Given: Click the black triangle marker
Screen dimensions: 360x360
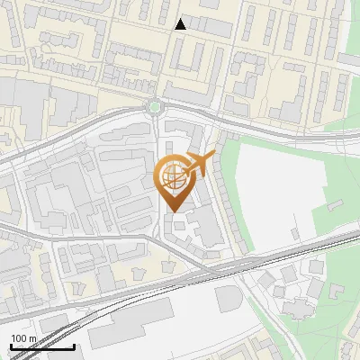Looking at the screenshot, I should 181,24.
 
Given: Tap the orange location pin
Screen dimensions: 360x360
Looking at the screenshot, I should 175,179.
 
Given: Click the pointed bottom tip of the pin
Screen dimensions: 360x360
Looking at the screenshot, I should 175,211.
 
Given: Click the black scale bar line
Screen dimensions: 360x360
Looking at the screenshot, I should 42,346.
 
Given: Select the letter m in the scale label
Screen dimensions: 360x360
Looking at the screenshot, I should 31,338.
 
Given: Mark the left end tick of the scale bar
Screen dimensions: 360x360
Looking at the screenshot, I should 11,345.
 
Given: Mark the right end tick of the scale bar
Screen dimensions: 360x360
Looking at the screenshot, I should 74,345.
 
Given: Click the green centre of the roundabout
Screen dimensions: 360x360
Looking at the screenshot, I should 157,108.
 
